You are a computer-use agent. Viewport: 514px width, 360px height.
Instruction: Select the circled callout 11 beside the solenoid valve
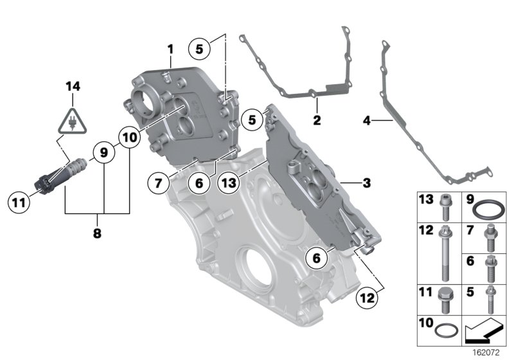pos(20,202)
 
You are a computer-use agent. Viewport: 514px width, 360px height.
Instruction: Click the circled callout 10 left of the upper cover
pos(129,137)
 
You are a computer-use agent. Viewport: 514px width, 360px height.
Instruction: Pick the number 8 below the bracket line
pos(98,235)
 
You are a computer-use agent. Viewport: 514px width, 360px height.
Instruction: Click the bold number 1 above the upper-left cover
pos(170,50)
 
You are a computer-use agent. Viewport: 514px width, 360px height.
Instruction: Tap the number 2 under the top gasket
pos(316,120)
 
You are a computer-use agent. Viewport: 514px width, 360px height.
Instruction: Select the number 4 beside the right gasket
pos(367,120)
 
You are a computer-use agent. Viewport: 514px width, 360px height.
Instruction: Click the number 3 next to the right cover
pos(366,183)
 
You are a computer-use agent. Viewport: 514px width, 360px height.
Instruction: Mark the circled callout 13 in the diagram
pos(229,183)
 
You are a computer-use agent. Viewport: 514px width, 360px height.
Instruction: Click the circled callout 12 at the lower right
pos(367,298)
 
